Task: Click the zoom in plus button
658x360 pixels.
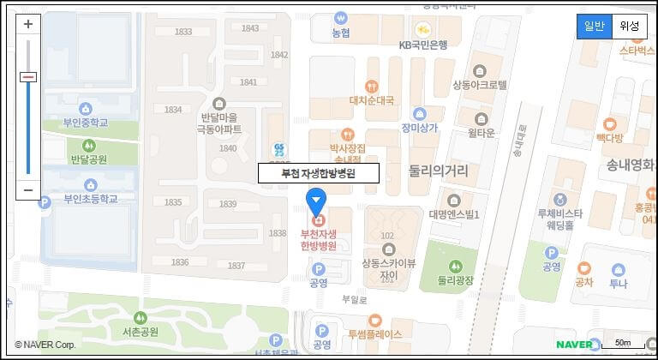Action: point(28,24)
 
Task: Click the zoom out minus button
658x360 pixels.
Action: point(28,189)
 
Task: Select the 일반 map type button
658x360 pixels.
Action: point(595,26)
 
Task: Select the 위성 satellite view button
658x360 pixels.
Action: point(630,26)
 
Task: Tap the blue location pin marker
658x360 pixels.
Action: point(316,203)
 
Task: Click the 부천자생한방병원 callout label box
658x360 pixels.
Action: point(318,172)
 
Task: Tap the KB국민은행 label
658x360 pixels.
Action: point(423,45)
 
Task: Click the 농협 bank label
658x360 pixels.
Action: point(341,33)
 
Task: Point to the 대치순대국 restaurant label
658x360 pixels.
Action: point(371,100)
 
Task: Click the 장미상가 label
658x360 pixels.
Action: point(419,128)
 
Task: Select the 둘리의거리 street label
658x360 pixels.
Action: point(438,171)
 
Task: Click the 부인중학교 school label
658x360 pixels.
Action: point(86,123)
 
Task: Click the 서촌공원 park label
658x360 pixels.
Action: point(141,331)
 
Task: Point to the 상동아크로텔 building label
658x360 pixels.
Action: point(480,85)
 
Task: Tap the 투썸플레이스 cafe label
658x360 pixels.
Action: point(374,334)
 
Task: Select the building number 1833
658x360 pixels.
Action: point(183,32)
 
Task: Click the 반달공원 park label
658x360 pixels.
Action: point(88,159)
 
